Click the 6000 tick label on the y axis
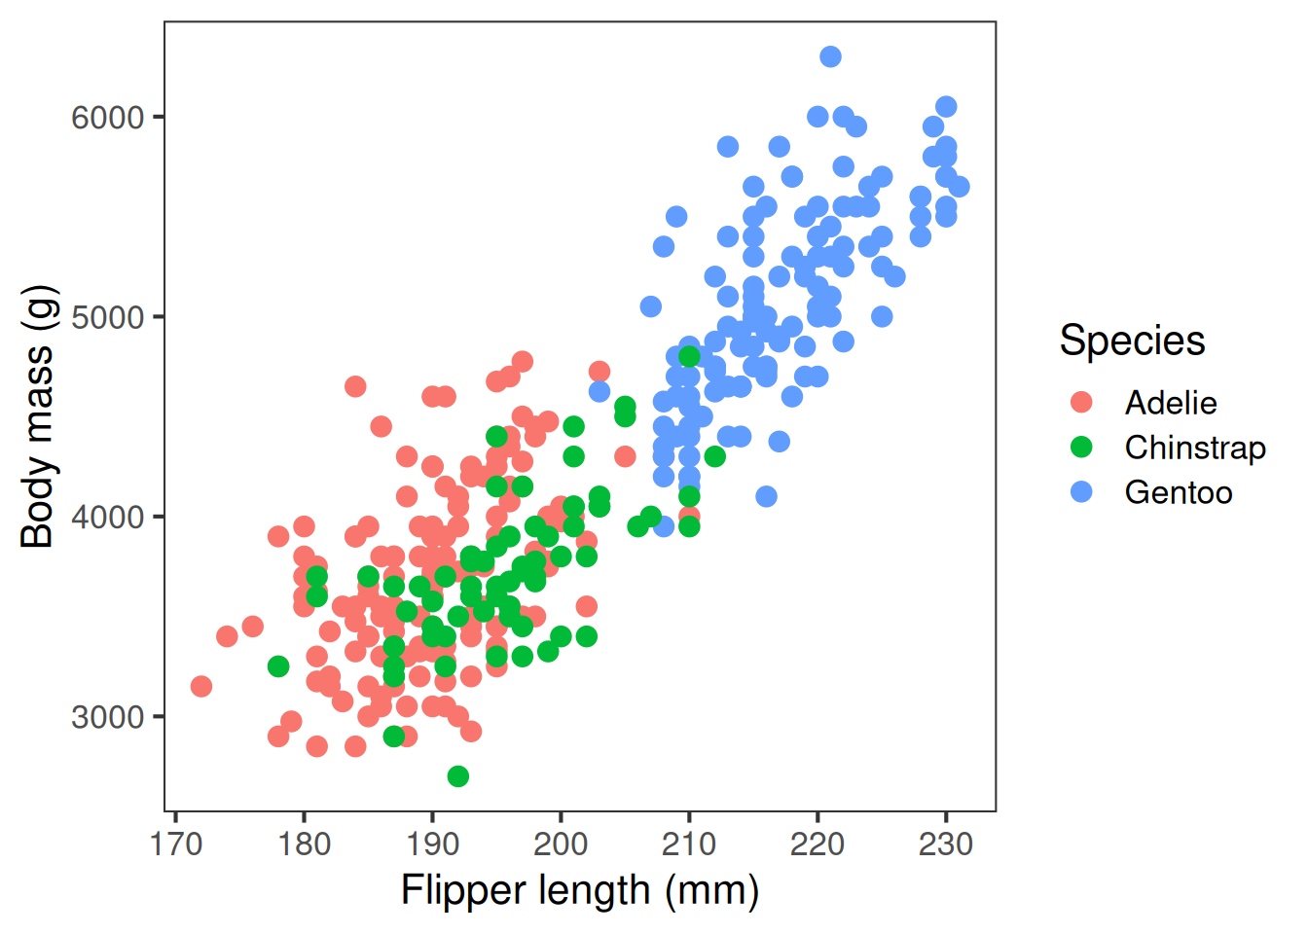tap(107, 118)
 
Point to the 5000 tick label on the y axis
tap(107, 317)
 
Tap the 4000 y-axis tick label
tap(107, 517)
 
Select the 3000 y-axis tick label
tap(107, 717)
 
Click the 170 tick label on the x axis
tap(176, 844)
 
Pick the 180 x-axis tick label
tap(304, 844)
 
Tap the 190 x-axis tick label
tap(432, 844)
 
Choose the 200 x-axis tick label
tap(561, 844)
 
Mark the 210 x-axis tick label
tap(689, 844)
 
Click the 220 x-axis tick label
tap(817, 844)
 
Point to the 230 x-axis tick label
tap(946, 844)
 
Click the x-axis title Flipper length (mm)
tap(580, 891)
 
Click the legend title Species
tap(1132, 341)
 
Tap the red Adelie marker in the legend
tap(1081, 403)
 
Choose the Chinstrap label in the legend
tap(1195, 448)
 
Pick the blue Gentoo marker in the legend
tap(1081, 492)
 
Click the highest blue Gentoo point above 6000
tap(830, 56)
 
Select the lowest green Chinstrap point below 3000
tap(458, 776)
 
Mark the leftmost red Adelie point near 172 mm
tap(201, 687)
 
